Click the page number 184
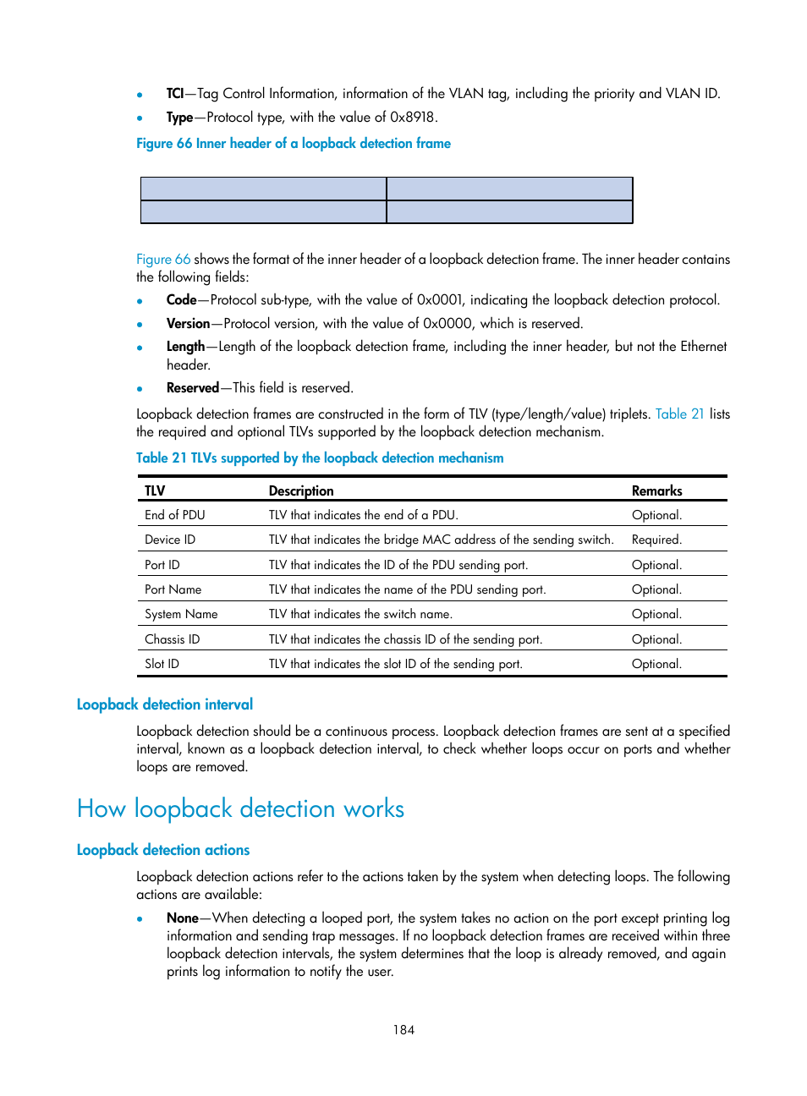point(403,1029)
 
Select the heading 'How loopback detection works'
point(240,808)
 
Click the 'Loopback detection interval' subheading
point(165,704)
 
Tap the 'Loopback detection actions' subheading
point(163,850)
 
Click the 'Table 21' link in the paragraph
point(679,414)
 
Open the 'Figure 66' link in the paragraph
point(163,259)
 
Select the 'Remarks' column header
point(656,490)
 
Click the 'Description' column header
point(301,490)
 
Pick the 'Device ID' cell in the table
point(170,540)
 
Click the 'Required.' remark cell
point(656,540)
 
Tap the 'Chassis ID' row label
point(172,639)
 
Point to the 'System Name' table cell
point(181,614)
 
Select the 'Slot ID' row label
point(162,664)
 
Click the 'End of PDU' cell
point(175,515)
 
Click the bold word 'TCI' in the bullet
point(174,93)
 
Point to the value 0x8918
point(412,117)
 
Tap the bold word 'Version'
point(188,323)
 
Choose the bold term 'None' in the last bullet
point(182,918)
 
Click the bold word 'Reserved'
point(193,387)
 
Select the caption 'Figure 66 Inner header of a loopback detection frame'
point(294,144)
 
